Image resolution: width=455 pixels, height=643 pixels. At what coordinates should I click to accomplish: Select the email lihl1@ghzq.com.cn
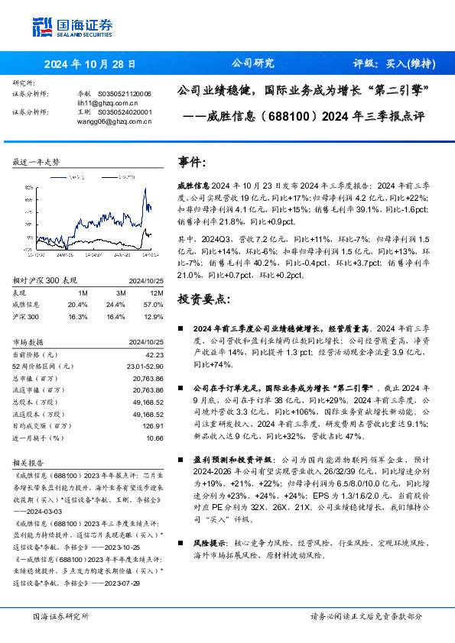pos(107,101)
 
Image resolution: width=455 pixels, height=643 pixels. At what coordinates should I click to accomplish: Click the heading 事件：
pos(192,163)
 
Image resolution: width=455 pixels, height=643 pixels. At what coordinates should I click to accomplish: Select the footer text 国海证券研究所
pos(61,616)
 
